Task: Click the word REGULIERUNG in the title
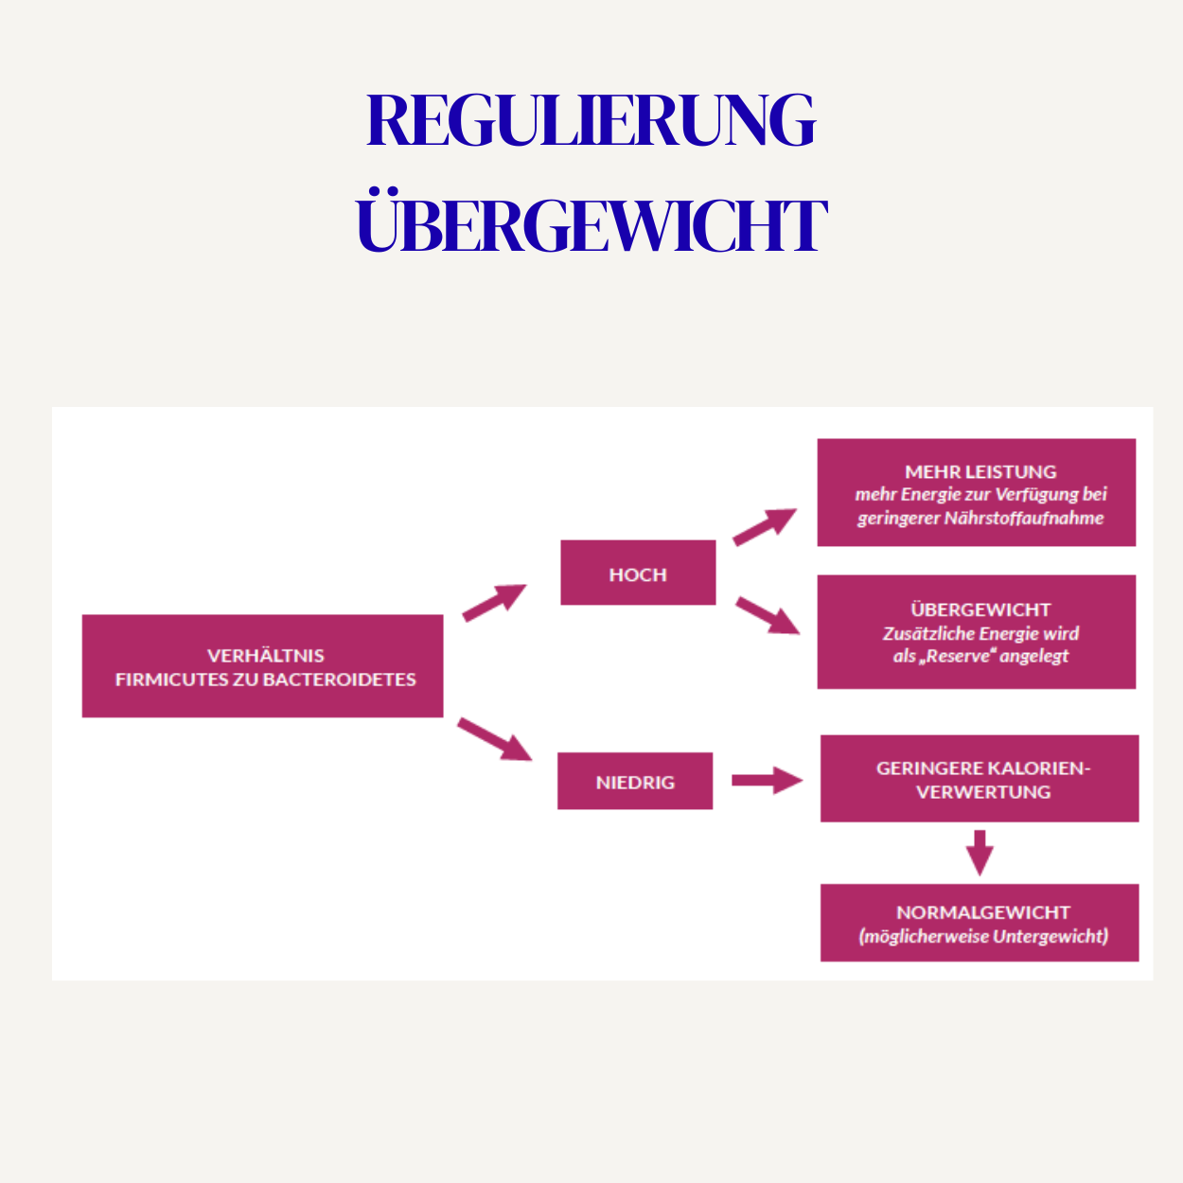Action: click(591, 121)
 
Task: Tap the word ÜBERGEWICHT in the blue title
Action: click(591, 225)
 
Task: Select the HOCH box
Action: click(638, 574)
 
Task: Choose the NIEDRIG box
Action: click(635, 782)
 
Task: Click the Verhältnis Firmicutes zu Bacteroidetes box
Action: click(262, 666)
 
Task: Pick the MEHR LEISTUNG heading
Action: click(980, 471)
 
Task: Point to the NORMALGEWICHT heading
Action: click(982, 912)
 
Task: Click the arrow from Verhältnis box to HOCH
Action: click(493, 602)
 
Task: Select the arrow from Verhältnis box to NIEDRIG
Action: click(494, 739)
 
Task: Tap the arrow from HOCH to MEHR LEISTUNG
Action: click(765, 526)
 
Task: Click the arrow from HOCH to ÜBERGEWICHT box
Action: click(768, 615)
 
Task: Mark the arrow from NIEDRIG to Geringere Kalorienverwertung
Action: click(767, 781)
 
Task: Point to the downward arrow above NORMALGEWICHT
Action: click(980, 852)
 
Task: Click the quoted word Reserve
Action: click(957, 656)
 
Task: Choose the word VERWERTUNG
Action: click(983, 792)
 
